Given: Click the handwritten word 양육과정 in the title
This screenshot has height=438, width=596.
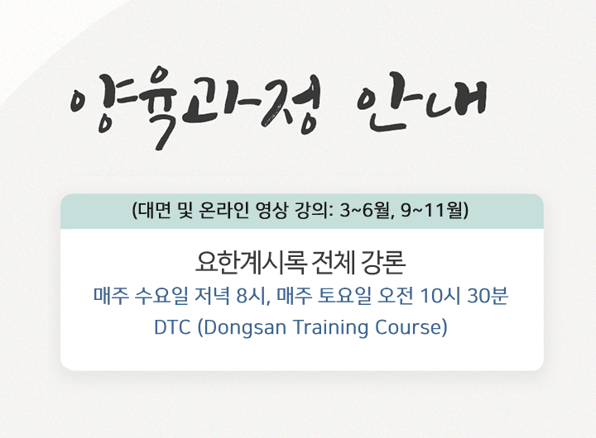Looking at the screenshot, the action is point(195,107).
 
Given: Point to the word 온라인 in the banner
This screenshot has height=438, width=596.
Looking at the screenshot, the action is point(223,210).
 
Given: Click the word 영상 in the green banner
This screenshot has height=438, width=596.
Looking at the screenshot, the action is point(272,210).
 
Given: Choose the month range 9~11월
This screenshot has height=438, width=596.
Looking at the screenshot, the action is point(432,210).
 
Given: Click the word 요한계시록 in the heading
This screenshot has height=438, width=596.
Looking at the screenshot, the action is point(251,262).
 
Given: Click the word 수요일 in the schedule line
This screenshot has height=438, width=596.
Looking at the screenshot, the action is point(161,296).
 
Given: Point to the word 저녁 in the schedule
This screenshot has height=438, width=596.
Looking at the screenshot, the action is point(212,296).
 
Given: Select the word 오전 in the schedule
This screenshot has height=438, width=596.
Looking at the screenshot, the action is point(395,296).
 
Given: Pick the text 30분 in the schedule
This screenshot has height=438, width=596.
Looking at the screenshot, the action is point(488,296).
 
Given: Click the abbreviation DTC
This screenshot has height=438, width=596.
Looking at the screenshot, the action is point(172,327).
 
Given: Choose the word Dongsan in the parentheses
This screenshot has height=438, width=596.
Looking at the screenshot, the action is point(244,328).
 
